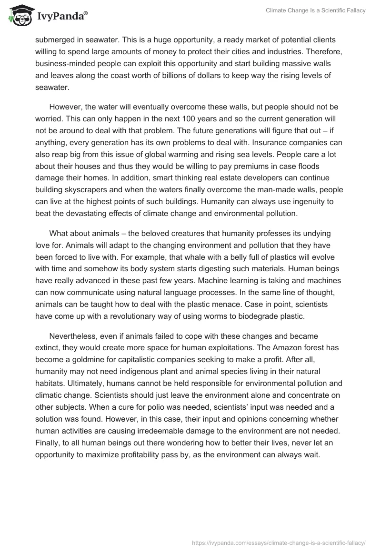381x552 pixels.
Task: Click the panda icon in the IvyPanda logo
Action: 19,15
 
